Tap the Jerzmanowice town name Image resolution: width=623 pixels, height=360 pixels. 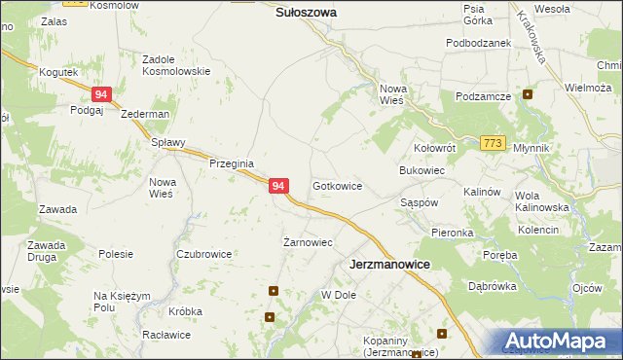point(390,264)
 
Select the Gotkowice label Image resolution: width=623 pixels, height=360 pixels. point(338,185)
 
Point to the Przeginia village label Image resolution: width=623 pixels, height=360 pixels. point(232,163)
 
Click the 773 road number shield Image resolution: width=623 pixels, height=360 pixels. point(493,143)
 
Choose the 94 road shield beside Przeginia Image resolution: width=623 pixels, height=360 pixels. point(278,185)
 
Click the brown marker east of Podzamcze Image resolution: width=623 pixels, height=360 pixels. point(528,94)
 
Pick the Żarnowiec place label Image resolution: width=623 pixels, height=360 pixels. point(308,242)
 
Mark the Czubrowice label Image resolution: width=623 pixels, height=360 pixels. point(203,254)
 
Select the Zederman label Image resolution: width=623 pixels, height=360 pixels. point(145,114)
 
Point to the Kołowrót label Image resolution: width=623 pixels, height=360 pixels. point(434,149)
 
